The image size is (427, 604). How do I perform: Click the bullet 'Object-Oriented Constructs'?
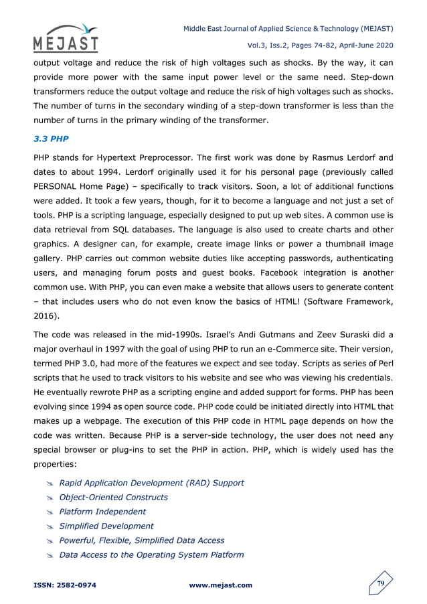pyautogui.click(x=113, y=497)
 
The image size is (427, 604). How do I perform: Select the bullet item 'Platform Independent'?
pyautogui.click(x=102, y=512)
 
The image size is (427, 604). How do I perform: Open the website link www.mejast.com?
pyautogui.click(x=221, y=585)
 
